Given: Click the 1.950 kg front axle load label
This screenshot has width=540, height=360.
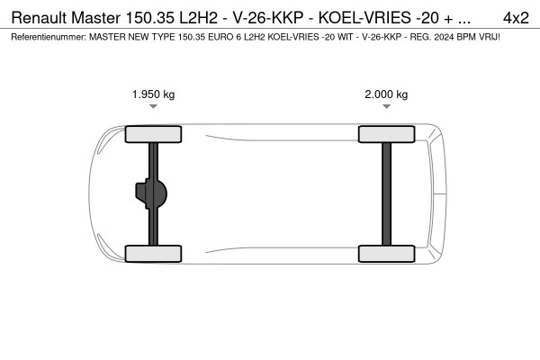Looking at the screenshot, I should pyautogui.click(x=153, y=94).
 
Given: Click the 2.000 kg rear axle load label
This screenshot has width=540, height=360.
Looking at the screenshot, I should pyautogui.click(x=386, y=94).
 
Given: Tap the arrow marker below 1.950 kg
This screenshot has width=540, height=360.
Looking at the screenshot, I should pyautogui.click(x=153, y=107).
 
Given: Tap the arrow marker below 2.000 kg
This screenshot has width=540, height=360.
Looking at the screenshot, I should pyautogui.click(x=386, y=107).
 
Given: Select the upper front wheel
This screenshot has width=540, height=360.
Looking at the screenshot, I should pyautogui.click(x=153, y=135).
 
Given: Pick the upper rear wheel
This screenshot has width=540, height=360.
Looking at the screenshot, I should pyautogui.click(x=386, y=135).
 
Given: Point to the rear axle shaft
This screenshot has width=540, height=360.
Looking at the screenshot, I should pyautogui.click(x=386, y=193).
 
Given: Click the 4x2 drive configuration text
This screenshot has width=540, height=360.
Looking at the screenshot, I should pyautogui.click(x=516, y=17).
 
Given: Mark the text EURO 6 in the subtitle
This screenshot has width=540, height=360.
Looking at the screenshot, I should pyautogui.click(x=214, y=37).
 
